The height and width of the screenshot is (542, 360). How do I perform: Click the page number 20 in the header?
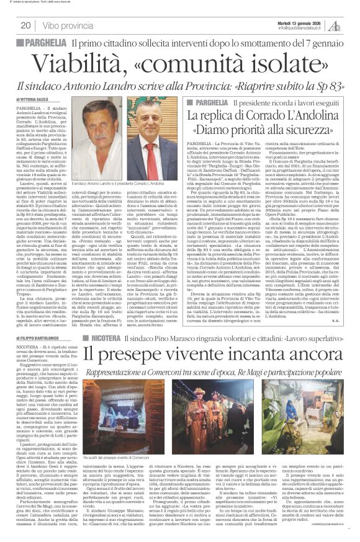point(26,25)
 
